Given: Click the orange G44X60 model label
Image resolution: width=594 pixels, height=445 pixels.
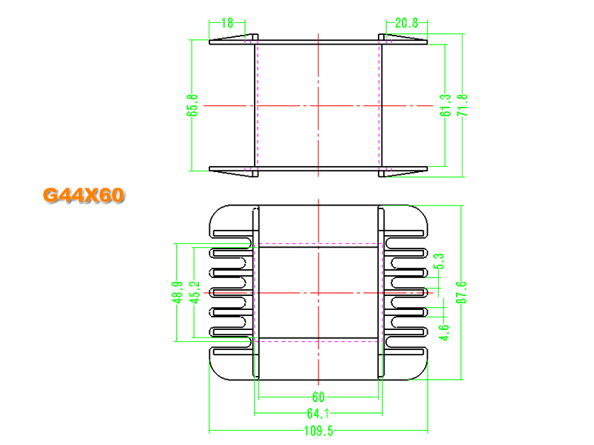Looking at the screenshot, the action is tap(83, 195).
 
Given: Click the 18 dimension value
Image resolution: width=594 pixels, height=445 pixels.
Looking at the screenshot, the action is tap(227, 23).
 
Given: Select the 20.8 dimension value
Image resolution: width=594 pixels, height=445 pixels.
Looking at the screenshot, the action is tap(406, 23).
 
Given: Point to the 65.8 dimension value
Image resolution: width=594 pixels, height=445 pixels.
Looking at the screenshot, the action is tap(192, 105).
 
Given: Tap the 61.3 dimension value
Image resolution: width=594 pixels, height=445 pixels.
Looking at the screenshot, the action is tap(446, 105).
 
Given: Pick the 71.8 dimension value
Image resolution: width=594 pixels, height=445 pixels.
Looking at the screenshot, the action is tap(463, 105).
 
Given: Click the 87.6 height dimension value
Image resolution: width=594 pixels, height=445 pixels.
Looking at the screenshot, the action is tap(461, 292).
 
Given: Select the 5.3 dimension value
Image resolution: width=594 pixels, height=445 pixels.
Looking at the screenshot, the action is tap(440, 262).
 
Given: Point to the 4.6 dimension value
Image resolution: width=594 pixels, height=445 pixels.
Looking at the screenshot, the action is tap(444, 332).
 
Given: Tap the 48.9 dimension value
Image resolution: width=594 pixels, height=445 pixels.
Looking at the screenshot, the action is tap(177, 292).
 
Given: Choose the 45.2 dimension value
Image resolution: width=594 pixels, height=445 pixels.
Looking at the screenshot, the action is tap(195, 292).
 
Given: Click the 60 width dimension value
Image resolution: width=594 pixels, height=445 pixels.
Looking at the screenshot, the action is tap(319, 397).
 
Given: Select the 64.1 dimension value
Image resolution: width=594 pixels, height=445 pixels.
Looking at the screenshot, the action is tap(319, 414).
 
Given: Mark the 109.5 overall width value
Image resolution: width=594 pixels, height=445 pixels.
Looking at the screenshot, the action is tap(319, 431).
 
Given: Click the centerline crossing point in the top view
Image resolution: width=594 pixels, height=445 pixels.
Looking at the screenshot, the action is tap(319, 105).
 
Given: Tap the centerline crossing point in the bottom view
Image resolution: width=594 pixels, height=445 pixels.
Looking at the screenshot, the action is tap(319, 293).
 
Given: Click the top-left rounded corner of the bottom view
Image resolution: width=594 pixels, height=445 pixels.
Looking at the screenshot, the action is tap(215, 212).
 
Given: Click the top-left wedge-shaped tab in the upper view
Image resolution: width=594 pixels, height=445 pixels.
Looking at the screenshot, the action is tap(232, 38).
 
